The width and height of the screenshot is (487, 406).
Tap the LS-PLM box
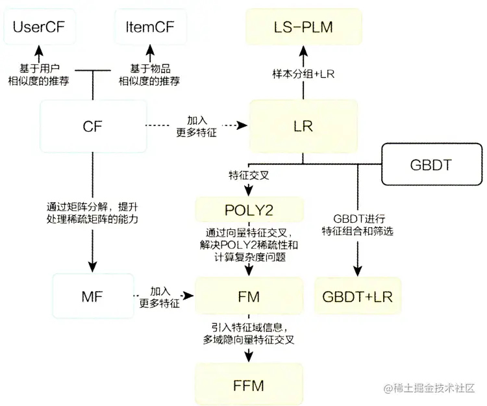pyautogui.click(x=303, y=27)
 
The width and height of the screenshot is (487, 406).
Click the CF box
pyautogui.click(x=93, y=126)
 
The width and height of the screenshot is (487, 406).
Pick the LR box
pyautogui.click(x=303, y=126)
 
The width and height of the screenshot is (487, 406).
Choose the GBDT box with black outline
pyautogui.click(x=431, y=164)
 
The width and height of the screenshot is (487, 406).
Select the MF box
pyautogui.click(x=93, y=297)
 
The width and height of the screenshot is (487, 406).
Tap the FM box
pyautogui.click(x=249, y=297)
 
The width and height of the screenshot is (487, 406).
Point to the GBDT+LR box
pyautogui.click(x=358, y=297)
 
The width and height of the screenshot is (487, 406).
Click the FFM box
pyautogui.click(x=249, y=385)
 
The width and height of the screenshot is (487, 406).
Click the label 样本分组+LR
pyautogui.click(x=303, y=75)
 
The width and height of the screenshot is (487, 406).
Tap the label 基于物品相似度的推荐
pyautogui.click(x=149, y=75)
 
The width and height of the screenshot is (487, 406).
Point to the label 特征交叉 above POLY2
pyautogui.click(x=246, y=175)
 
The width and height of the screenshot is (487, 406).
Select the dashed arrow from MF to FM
pyautogui.click(x=160, y=297)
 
